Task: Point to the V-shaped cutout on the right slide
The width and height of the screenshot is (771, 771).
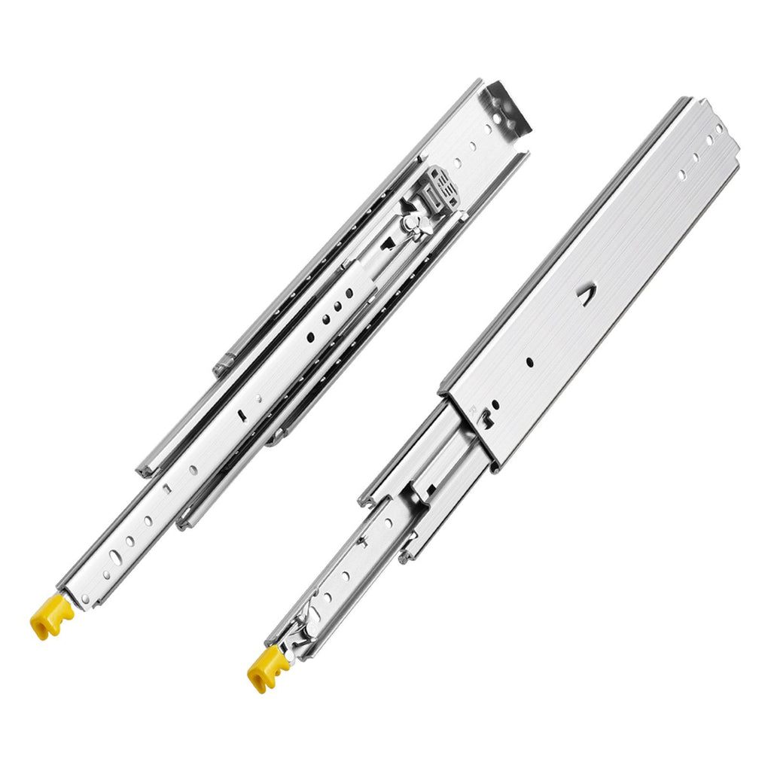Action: pyautogui.click(x=585, y=297)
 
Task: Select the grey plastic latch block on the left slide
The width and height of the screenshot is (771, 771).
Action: pyautogui.click(x=442, y=189)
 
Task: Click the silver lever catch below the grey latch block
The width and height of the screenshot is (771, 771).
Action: pyautogui.click(x=413, y=223)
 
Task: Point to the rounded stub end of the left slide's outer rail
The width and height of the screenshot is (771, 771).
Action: pyautogui.click(x=221, y=367)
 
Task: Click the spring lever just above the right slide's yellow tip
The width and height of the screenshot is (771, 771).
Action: pyautogui.click(x=305, y=626)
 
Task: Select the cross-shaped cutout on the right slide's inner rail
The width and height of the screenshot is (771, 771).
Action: pyautogui.click(x=362, y=540)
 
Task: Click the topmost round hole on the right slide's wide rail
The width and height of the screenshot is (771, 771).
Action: pyautogui.click(x=719, y=129)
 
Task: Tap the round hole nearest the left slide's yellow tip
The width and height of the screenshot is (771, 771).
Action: pyautogui.click(x=85, y=599)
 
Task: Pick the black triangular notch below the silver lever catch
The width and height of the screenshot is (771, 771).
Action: pyautogui.click(x=386, y=242)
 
